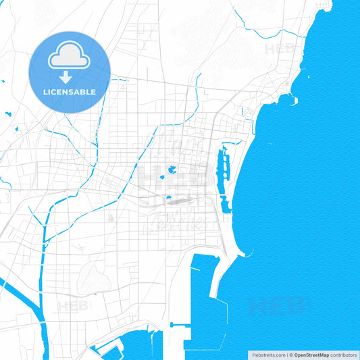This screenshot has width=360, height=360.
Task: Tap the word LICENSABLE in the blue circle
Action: point(70,92)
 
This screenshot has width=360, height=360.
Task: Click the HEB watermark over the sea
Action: point(275,306)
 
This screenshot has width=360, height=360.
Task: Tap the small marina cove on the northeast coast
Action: point(286,100)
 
